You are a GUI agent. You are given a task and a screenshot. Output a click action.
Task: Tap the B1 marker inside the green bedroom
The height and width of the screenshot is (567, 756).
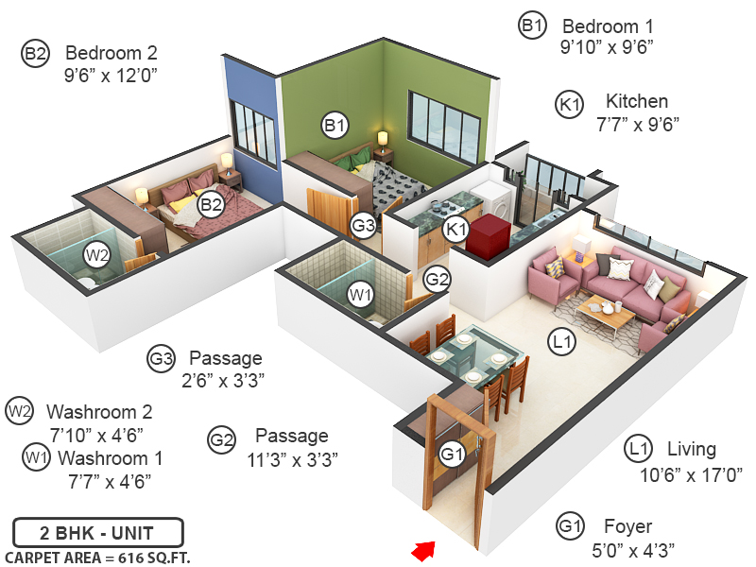(x=336, y=124)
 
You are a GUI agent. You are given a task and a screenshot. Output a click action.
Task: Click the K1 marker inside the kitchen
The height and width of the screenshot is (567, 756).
(x=457, y=230)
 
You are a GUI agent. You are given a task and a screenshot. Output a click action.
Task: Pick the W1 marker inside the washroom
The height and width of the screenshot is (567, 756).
(x=360, y=295)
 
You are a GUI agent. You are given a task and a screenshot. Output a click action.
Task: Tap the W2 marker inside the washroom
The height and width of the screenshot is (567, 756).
(x=96, y=254)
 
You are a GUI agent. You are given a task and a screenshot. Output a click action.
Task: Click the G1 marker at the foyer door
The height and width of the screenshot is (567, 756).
(x=453, y=455)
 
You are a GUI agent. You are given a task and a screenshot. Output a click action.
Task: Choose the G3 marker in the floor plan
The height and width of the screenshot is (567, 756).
(x=364, y=226)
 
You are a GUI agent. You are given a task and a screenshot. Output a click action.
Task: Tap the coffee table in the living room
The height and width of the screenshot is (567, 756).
(x=604, y=311)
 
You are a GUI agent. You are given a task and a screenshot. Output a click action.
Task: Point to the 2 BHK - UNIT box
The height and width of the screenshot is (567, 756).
(x=97, y=532)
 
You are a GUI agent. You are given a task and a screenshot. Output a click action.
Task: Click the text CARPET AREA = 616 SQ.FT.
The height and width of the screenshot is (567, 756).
(x=97, y=558)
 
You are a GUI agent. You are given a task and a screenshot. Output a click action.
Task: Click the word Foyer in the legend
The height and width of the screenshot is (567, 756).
(x=628, y=526)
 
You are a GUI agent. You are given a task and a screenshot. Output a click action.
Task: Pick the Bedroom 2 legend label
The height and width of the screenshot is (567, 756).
(x=112, y=53)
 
